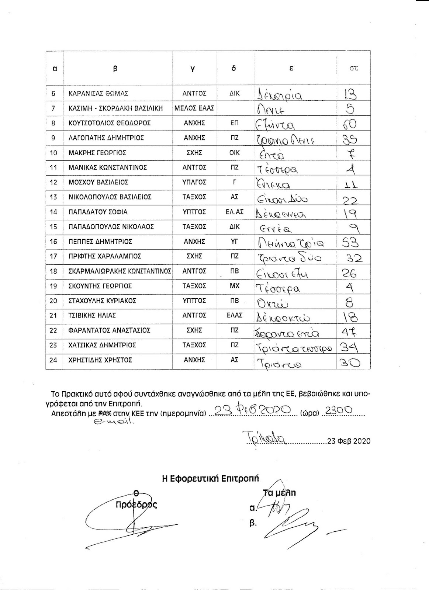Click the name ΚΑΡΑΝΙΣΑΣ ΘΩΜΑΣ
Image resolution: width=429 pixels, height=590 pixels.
pyautogui.click(x=98, y=94)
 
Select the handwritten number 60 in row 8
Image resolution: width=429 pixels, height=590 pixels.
pyautogui.click(x=349, y=124)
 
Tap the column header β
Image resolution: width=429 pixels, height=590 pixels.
pyautogui.click(x=115, y=69)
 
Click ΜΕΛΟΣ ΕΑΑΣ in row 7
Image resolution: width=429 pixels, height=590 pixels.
pyautogui.click(x=194, y=108)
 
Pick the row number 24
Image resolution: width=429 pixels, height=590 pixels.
pyautogui.click(x=53, y=360)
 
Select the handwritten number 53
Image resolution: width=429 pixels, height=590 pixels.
pyautogui.click(x=349, y=243)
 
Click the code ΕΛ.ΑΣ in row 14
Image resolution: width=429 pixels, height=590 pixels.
pyautogui.click(x=235, y=212)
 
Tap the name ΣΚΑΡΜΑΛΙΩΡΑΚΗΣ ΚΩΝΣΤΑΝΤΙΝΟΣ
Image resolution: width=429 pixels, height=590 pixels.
pyautogui.click(x=120, y=271)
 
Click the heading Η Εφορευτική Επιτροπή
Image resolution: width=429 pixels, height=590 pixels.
pyautogui.click(x=211, y=479)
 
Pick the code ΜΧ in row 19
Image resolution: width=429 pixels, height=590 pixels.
pyautogui.click(x=235, y=286)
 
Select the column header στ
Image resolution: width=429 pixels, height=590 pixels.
pyautogui.click(x=354, y=69)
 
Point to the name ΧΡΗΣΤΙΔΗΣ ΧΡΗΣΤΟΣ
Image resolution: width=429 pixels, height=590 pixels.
pyautogui.click(x=100, y=360)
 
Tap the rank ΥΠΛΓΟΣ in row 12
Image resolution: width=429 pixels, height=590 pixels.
pyautogui.click(x=194, y=182)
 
